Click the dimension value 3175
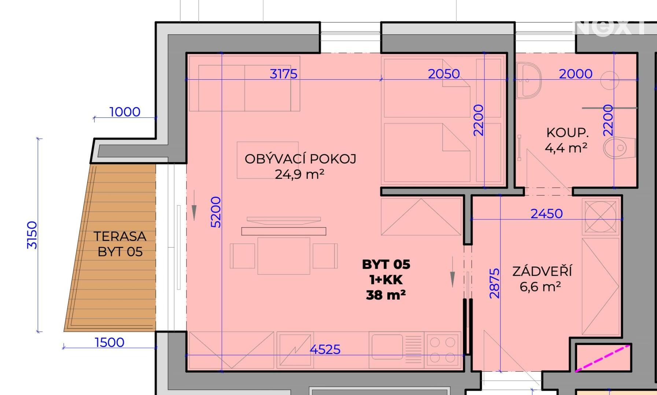(283, 74)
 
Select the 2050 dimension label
(444, 74)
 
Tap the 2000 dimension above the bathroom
(575, 74)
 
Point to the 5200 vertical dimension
(216, 212)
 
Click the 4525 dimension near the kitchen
(325, 349)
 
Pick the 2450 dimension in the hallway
(546, 214)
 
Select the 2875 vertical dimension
(495, 283)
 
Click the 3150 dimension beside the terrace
(32, 235)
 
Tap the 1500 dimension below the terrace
(109, 342)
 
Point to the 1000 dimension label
(125, 112)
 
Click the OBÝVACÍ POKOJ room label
(300, 159)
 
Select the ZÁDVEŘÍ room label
(542, 271)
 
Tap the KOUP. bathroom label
(567, 132)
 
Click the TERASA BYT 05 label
(120, 244)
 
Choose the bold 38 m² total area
(386, 295)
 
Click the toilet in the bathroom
(620, 148)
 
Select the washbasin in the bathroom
(528, 80)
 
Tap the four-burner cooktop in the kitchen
(443, 350)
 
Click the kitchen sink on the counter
(387, 347)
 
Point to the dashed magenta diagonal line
(603, 358)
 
